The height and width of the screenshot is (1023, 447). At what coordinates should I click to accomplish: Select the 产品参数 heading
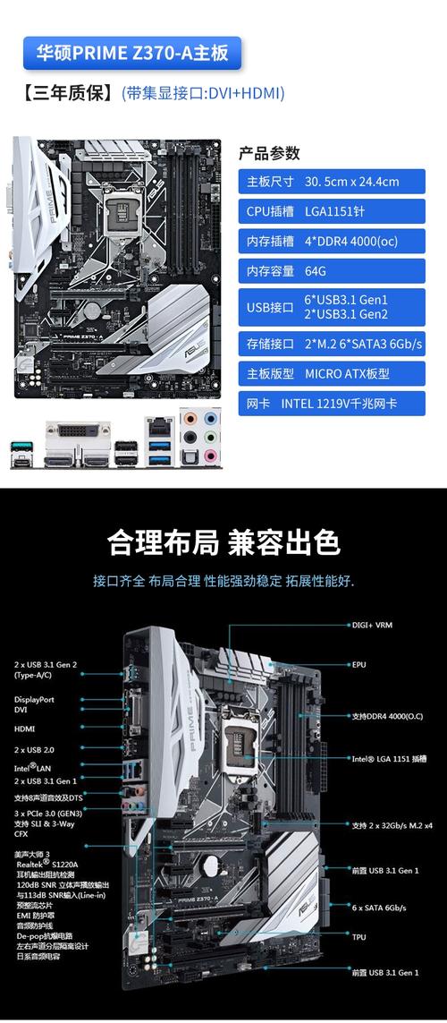pos(269,153)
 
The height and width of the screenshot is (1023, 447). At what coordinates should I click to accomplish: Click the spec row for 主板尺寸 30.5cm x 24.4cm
pos(331,182)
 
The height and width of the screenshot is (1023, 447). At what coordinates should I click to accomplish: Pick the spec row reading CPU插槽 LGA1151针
pos(331,211)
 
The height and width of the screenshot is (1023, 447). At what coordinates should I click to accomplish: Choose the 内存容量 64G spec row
pos(331,270)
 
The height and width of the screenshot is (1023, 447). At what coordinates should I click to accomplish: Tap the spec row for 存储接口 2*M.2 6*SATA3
pos(331,344)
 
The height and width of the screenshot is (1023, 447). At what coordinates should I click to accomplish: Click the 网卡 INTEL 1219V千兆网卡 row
pos(331,403)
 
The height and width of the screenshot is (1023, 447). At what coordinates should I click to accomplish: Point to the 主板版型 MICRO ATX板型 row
pos(331,373)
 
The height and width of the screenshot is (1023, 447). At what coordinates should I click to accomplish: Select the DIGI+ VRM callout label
pos(372,625)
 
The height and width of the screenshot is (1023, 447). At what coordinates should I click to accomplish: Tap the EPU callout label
pos(358,665)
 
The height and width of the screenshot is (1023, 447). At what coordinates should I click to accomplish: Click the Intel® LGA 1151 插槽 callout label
pos(389,758)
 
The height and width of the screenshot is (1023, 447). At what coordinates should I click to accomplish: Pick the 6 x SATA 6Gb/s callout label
pos(379,908)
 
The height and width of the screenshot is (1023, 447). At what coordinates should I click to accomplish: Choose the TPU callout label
pos(358,937)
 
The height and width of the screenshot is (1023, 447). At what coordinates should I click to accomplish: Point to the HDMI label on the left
pos(24,729)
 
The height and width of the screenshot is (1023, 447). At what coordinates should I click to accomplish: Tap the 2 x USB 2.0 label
pos(34,749)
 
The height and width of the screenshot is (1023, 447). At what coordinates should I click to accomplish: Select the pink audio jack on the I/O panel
pos(211,456)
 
